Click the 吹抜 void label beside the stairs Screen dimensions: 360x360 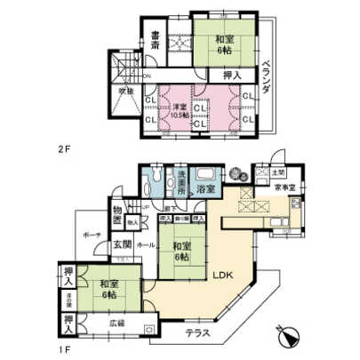125,90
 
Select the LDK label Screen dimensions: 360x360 220,276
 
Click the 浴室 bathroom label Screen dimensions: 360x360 206,190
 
